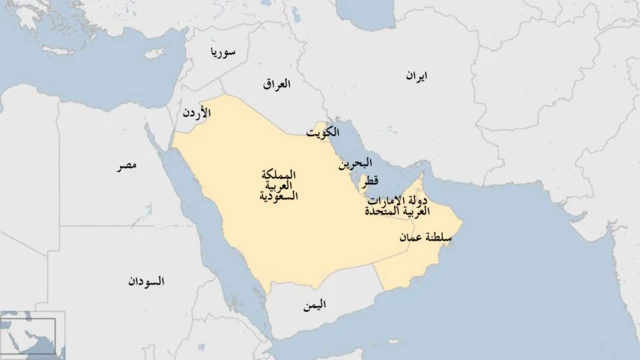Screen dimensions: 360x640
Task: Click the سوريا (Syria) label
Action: point(222,52)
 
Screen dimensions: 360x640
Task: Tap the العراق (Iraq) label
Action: point(276,84)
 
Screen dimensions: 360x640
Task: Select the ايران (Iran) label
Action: point(415,76)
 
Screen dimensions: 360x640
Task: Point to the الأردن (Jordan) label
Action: point(195,114)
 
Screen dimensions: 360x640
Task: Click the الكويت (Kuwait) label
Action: point(322,132)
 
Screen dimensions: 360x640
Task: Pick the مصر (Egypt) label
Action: point(126,163)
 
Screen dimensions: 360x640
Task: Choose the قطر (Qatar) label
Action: point(370,181)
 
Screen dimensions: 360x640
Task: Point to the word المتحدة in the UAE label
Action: point(383,213)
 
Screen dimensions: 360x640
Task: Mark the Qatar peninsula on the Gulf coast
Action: point(359,185)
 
